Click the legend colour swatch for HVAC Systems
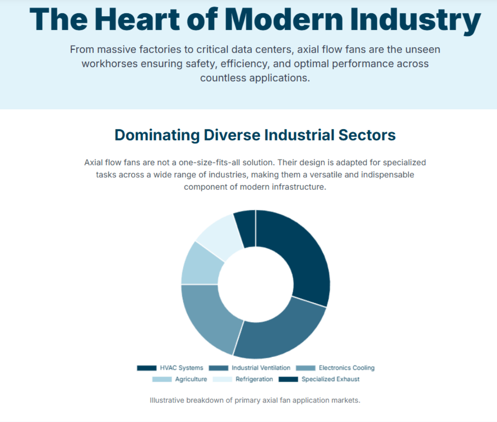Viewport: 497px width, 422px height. click(x=147, y=368)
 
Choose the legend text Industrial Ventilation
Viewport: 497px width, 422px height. click(x=261, y=368)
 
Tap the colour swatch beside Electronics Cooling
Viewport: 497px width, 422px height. click(x=306, y=368)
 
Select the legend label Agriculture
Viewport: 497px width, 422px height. click(x=191, y=379)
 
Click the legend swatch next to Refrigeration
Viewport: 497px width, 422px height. click(x=222, y=379)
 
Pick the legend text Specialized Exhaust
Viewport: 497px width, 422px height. click(x=331, y=379)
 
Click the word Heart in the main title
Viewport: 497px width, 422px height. click(x=138, y=20)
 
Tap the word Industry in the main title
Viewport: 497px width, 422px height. click(x=415, y=20)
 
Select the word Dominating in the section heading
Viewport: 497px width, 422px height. click(x=157, y=135)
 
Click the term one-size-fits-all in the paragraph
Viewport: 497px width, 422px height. click(x=227, y=162)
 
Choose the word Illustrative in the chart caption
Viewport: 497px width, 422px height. click(x=166, y=400)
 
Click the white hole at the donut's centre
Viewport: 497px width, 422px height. click(x=256, y=284)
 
